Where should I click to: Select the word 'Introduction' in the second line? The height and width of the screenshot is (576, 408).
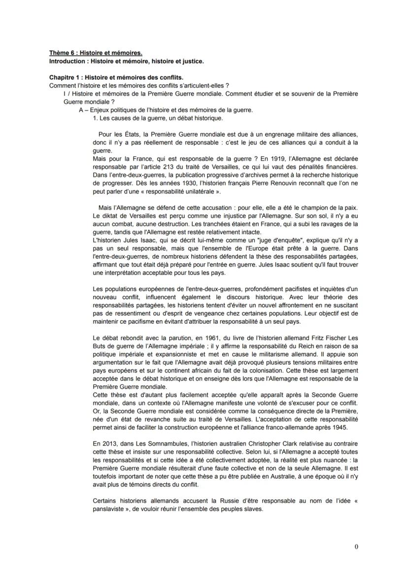pyautogui.click(x=66, y=61)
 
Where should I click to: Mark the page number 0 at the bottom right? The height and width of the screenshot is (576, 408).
pyautogui.click(x=357, y=546)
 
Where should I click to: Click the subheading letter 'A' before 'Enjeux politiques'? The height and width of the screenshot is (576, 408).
pyautogui.click(x=80, y=110)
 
